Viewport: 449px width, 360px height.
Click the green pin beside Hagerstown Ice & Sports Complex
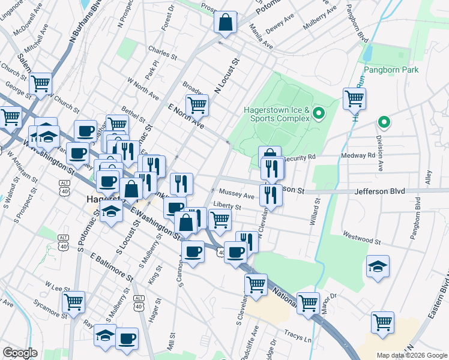319,113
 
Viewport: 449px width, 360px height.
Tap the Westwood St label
361,238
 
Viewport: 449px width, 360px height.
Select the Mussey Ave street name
237,195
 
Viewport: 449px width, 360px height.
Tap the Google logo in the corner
20,353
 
